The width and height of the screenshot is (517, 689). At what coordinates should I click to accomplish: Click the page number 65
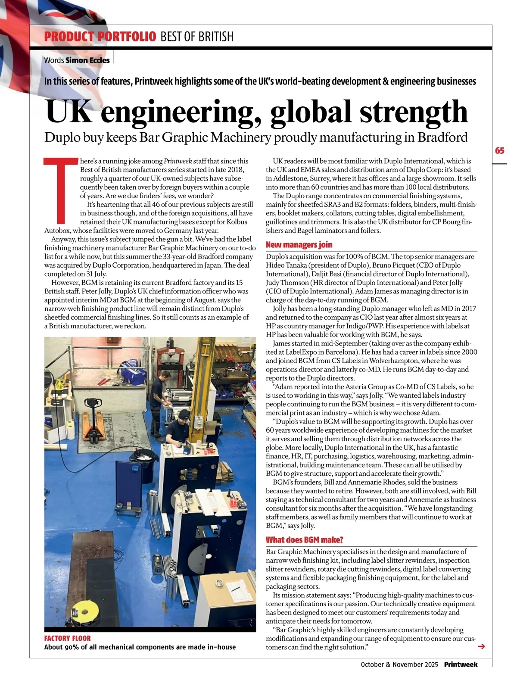click(499, 150)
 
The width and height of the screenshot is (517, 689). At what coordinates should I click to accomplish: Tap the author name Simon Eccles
click(87, 60)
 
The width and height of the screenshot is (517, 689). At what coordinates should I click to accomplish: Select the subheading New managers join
click(299, 245)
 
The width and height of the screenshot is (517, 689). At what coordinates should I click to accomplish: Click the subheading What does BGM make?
click(304, 540)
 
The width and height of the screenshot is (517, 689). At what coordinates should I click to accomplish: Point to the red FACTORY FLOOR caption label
click(68, 638)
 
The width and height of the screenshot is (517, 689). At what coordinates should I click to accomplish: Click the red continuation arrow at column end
click(482, 646)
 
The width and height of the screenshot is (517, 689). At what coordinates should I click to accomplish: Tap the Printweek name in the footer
click(461, 664)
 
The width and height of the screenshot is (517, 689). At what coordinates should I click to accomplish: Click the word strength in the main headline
click(413, 112)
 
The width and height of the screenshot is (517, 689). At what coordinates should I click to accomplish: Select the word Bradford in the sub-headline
click(442, 137)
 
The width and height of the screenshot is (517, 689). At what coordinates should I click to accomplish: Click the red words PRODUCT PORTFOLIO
click(100, 37)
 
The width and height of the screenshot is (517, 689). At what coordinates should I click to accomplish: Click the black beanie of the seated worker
click(184, 414)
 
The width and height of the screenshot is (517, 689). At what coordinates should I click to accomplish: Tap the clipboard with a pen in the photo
click(235, 588)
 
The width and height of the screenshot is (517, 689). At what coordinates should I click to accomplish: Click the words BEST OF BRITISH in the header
click(197, 37)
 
